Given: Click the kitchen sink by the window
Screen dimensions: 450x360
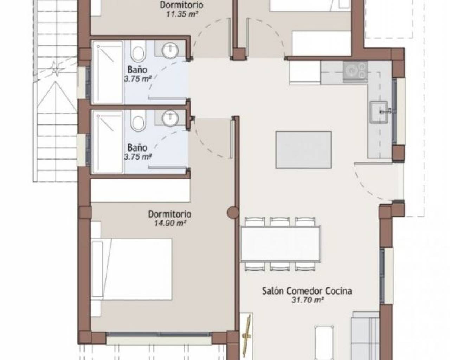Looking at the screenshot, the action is (x=379, y=112).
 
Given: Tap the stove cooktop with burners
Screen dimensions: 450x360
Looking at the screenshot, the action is (x=355, y=71).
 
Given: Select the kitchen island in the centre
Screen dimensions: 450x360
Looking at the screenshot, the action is (x=303, y=150).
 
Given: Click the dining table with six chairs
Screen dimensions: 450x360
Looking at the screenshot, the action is (x=280, y=244).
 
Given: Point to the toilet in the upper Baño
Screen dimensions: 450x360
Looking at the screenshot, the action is (x=138, y=51).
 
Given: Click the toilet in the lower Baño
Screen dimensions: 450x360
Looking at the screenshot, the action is (x=138, y=121).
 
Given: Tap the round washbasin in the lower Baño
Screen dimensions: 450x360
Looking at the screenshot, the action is (x=170, y=118).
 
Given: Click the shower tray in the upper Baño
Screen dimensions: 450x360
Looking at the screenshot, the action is (x=108, y=72).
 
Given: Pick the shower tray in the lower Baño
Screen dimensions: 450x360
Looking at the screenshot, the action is (x=108, y=142).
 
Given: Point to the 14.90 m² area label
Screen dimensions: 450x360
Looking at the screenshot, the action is (x=170, y=223).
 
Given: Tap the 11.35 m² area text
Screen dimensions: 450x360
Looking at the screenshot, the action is (x=182, y=14).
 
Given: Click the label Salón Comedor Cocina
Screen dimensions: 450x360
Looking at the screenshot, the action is (x=307, y=291).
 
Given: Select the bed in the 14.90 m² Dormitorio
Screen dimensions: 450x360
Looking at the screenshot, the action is (x=131, y=269).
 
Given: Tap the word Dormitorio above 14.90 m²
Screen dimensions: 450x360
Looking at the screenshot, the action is (x=170, y=214).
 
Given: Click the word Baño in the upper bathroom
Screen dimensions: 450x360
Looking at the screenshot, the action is (x=137, y=70).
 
